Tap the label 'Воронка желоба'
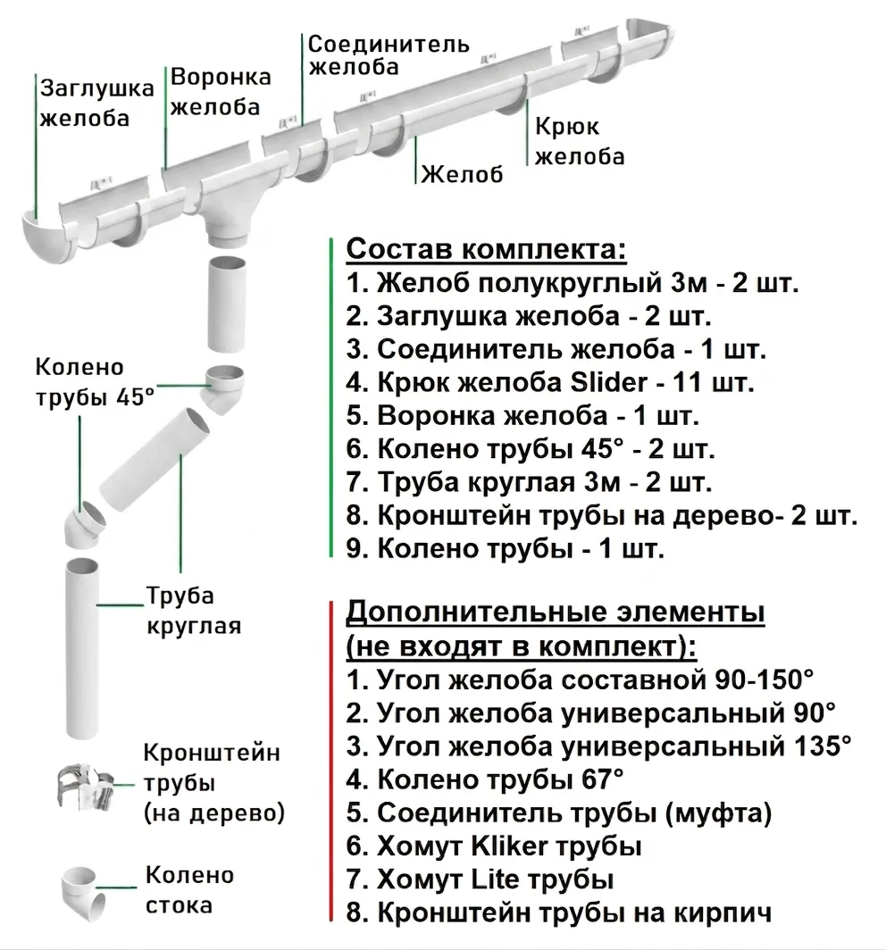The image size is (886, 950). pos(220,91)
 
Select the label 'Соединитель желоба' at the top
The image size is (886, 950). pos(387,54)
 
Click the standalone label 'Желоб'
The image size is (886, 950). pos(462,172)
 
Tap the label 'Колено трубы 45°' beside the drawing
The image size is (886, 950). pos(89,383)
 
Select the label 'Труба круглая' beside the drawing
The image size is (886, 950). pos(192,610)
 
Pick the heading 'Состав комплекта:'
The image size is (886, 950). pos(487,248)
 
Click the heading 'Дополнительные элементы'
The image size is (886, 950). pos(556,613)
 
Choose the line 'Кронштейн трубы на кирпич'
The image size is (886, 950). pos(559,912)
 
